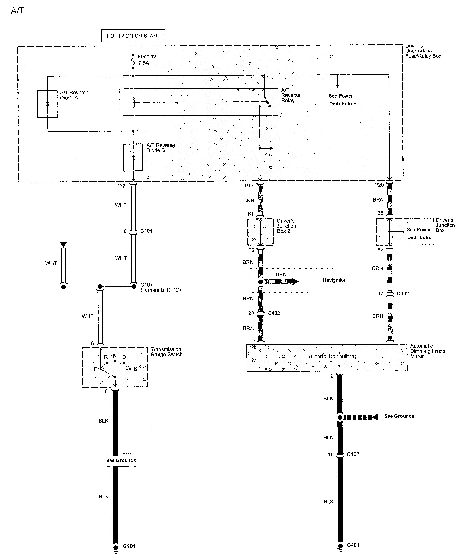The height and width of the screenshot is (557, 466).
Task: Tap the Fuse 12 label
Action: click(x=147, y=56)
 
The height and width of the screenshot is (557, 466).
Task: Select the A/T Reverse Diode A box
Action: click(x=47, y=104)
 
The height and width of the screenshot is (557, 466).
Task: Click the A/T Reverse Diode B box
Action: click(x=133, y=158)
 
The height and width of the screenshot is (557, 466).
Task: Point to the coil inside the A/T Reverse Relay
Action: click(x=133, y=102)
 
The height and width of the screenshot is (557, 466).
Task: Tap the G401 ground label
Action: click(x=353, y=545)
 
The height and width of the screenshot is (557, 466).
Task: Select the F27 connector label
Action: click(x=121, y=186)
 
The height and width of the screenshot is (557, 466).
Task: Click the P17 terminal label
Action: click(x=249, y=186)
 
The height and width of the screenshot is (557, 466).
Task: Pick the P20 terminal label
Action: click(x=379, y=185)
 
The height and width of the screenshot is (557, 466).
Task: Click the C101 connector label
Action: click(x=146, y=231)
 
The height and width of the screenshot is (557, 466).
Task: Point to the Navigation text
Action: click(x=334, y=280)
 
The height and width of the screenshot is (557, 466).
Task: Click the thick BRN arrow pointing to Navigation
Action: click(x=281, y=282)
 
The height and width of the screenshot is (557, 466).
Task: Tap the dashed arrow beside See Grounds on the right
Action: click(x=360, y=417)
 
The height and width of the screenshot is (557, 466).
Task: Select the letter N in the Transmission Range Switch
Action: click(x=115, y=356)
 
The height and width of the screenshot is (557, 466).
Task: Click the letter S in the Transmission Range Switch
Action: click(x=136, y=369)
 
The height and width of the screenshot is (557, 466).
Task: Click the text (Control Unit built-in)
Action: click(x=332, y=356)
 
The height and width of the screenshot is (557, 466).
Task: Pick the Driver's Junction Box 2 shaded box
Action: click(x=260, y=232)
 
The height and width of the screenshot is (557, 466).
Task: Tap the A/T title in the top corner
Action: click(x=17, y=11)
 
